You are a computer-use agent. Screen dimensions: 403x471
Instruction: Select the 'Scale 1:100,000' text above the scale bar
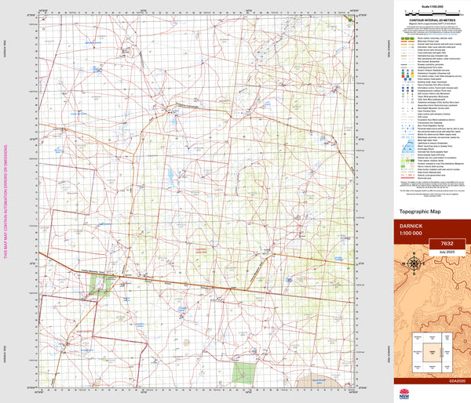tap(429, 5)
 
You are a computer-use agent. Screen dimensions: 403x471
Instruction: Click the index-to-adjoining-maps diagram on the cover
tap(429, 352)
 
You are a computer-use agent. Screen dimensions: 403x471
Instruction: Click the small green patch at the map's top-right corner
tap(350, 16)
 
